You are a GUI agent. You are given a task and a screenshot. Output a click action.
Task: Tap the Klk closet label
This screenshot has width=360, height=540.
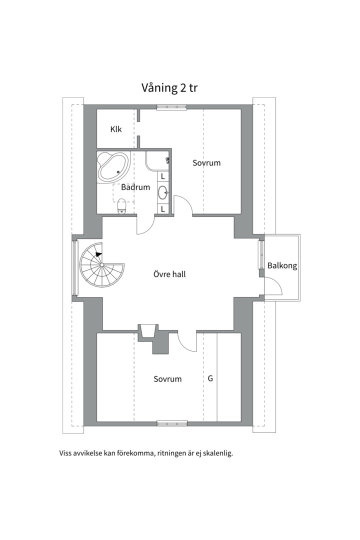point(116,129)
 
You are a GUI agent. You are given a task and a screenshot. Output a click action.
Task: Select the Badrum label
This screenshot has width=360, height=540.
point(135,187)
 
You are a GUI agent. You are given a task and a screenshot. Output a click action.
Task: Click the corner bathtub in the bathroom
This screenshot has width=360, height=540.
point(113,167)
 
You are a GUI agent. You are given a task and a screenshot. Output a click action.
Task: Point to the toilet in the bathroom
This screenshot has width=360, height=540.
point(121,206)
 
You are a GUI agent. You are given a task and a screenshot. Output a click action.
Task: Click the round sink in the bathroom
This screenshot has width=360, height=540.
point(163,192)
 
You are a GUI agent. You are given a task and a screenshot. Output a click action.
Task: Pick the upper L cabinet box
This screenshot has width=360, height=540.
point(163,176)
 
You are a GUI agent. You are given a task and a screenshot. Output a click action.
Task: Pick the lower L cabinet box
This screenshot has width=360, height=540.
point(163,208)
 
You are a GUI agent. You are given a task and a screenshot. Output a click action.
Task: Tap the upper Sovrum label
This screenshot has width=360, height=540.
point(206,163)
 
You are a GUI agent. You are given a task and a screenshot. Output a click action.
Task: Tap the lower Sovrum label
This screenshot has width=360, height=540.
point(167,379)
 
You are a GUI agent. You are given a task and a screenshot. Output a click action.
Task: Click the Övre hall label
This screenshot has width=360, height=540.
point(169,274)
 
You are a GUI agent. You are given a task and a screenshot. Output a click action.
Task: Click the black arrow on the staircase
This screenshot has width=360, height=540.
point(99,254)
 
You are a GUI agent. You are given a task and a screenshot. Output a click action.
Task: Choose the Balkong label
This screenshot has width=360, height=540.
point(282,266)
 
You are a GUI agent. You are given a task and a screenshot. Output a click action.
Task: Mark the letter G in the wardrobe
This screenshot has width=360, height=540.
point(210,379)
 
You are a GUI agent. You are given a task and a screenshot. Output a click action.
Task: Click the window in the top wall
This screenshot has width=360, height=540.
point(171,107)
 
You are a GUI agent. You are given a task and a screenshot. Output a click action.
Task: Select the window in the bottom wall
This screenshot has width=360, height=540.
point(172,423)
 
